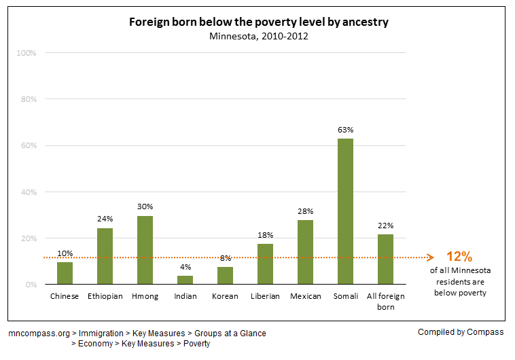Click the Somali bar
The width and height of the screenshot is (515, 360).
345,211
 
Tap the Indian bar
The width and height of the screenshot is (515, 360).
185,280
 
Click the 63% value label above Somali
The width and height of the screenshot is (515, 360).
345,129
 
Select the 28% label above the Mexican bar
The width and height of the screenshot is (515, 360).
305,211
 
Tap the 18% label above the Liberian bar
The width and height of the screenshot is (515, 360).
265,234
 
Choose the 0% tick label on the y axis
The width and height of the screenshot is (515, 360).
31,285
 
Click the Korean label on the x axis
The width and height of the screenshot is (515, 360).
225,296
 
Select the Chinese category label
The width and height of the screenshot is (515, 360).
65,296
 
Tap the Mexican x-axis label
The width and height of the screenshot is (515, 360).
305,296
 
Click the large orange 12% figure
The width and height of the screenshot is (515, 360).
459,257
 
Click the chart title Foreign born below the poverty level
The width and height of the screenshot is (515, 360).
259,22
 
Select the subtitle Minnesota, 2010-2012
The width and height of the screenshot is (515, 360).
259,35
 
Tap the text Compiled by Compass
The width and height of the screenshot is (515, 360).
461,332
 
